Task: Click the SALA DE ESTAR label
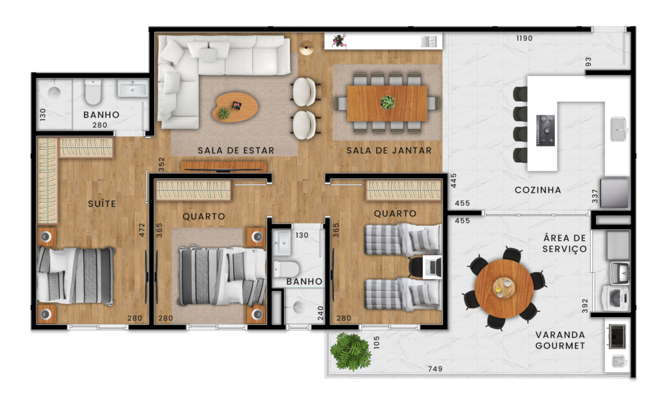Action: pos(236,150)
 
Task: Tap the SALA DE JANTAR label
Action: pos(389,150)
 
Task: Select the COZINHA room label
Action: pos(537,190)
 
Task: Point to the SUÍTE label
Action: pos(102,204)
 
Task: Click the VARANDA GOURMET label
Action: pos(560,340)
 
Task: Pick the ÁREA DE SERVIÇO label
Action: pos(565,243)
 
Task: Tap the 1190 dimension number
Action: pos(524,38)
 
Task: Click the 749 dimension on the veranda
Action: pos(435,369)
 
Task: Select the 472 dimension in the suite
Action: pos(142,230)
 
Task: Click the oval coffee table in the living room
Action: pos(235,107)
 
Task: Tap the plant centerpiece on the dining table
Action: pos(388,102)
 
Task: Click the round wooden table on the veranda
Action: pos(504,289)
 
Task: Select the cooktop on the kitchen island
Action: pos(545,130)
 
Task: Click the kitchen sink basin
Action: pos(619,129)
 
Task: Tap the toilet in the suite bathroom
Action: pos(92,92)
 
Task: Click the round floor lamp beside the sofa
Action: pos(306,48)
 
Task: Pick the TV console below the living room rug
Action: pos(224,167)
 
